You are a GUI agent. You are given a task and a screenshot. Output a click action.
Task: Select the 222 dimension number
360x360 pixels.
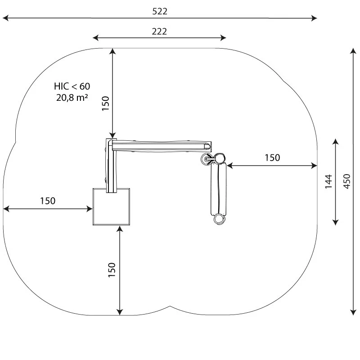[159, 31]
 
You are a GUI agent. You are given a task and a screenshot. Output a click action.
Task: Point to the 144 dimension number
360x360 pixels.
[329, 181]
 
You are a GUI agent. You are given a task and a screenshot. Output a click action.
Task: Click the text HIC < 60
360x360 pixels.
[72, 86]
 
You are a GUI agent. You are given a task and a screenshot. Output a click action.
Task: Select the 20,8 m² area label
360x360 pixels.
[72, 98]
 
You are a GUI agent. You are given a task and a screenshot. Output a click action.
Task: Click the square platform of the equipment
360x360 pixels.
[111, 207]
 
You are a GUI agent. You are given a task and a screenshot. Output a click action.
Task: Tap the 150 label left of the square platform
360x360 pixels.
[48, 201]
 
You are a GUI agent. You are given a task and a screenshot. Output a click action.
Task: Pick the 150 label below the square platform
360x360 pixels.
[112, 270]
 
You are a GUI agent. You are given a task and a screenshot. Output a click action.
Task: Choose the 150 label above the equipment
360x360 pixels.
[106, 103]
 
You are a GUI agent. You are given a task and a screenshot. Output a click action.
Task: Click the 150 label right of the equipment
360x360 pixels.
[272, 158]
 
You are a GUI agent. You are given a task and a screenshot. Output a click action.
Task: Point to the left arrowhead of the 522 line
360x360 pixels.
[5, 18]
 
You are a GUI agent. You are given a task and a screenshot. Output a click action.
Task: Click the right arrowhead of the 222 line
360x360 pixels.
[223, 38]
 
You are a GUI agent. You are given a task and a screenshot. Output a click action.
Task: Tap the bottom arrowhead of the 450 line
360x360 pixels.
[353, 312]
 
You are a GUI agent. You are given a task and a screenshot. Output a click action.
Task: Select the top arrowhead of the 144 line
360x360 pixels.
[335, 141]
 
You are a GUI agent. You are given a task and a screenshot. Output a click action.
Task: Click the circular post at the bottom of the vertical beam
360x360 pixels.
[220, 219]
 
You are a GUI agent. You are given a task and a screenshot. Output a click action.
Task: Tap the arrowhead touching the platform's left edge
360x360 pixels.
[90, 209]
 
